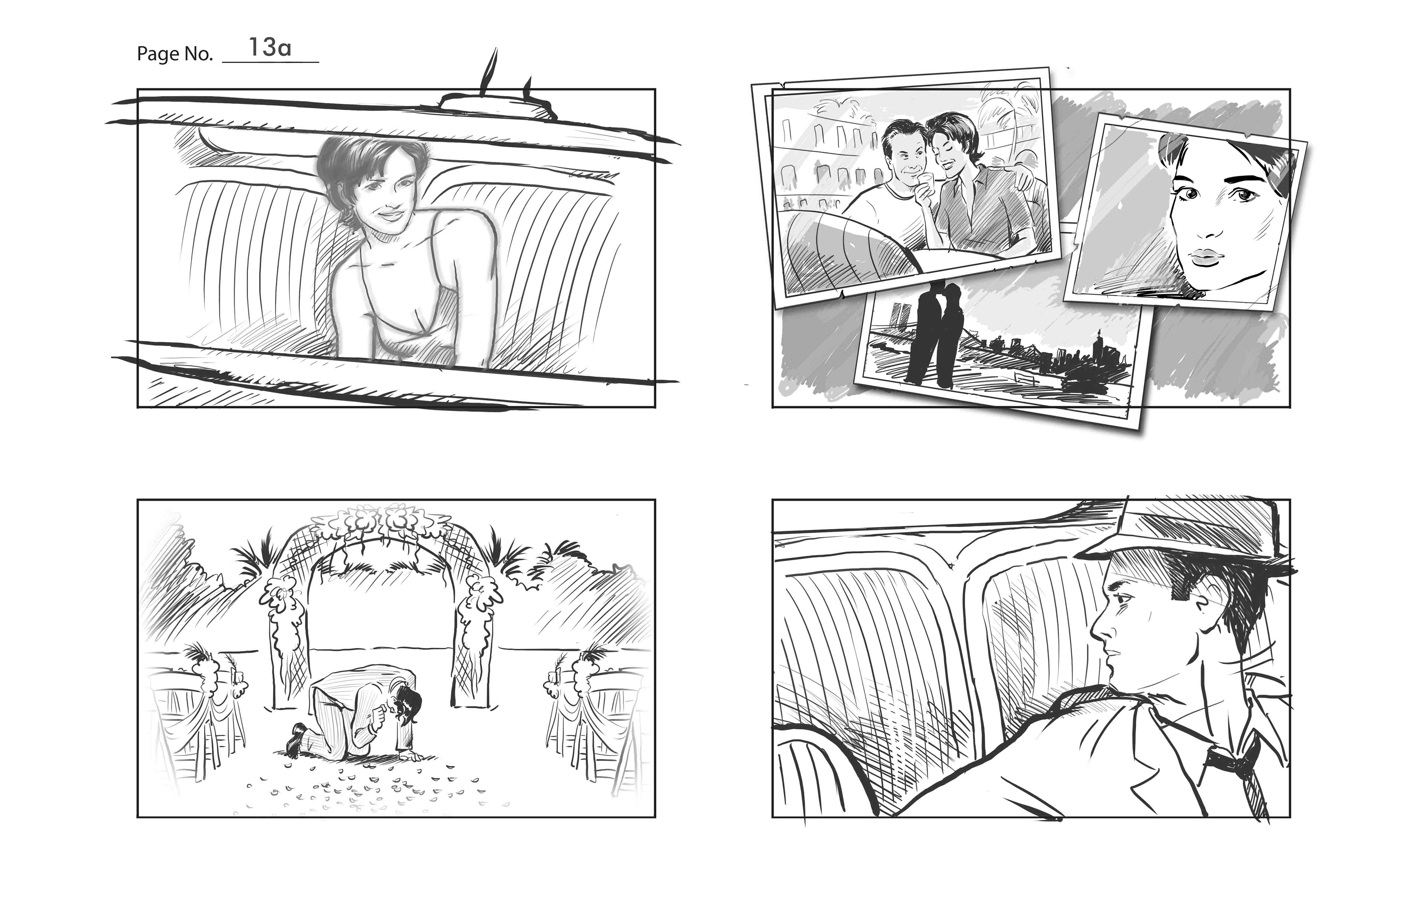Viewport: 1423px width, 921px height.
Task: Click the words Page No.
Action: [x=175, y=54]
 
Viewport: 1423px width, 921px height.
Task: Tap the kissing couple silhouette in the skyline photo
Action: [x=933, y=332]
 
